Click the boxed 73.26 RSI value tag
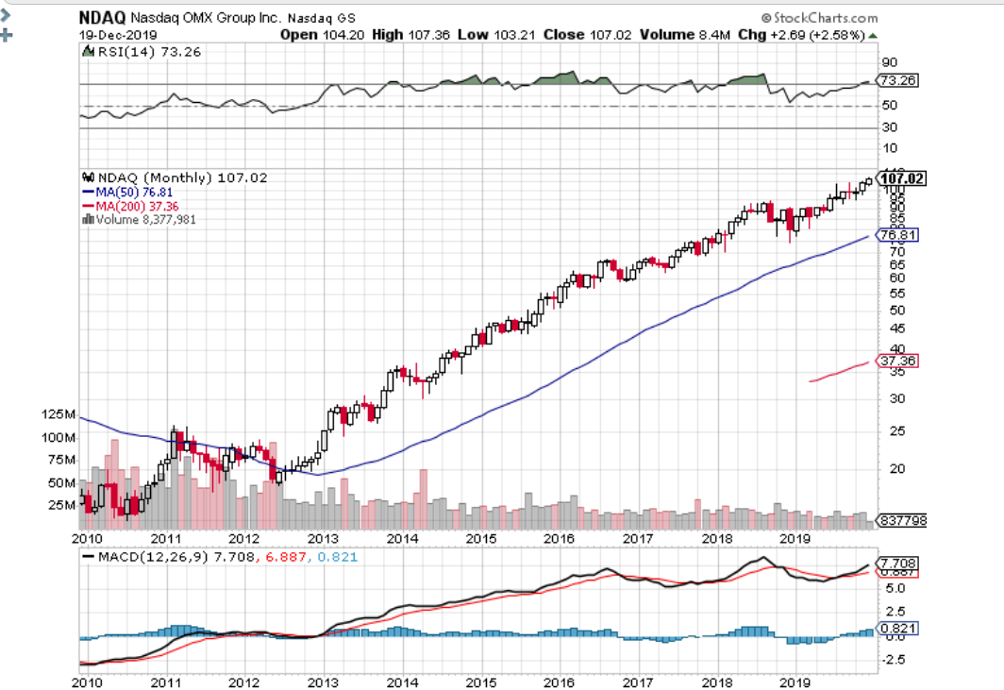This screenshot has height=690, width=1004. click(x=897, y=80)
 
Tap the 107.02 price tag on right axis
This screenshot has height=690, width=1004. click(x=902, y=177)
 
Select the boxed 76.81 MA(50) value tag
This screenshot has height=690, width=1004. click(x=897, y=234)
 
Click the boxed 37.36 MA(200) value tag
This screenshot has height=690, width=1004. click(x=897, y=361)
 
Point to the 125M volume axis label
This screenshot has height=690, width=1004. click(x=59, y=414)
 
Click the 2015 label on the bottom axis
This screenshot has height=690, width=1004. click(x=480, y=538)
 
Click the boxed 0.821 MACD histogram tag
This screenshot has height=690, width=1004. click(x=897, y=628)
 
